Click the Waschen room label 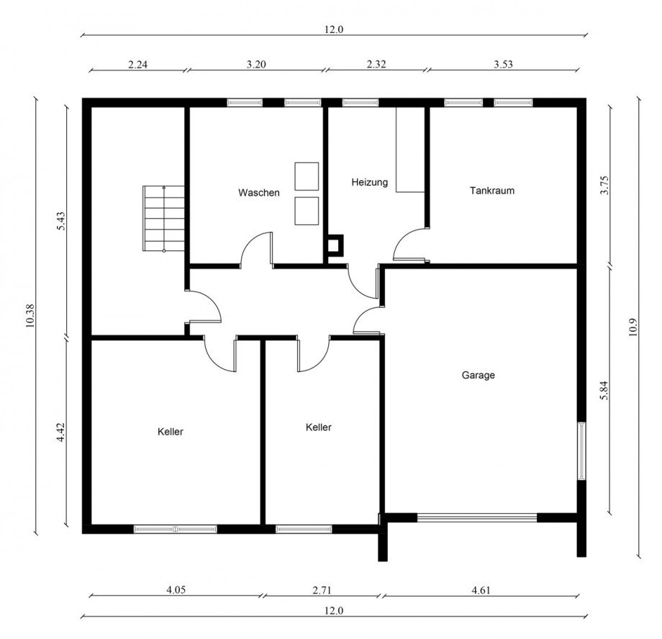[x=259, y=193]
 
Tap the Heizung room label [x=369, y=183]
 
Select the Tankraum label [x=492, y=191]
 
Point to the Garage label [x=479, y=375]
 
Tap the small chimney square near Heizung [x=335, y=245]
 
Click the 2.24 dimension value [x=137, y=65]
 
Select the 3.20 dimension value [x=256, y=64]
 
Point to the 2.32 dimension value [x=376, y=64]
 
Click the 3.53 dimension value [x=503, y=64]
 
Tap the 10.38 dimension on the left [x=30, y=316]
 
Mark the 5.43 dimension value [x=61, y=221]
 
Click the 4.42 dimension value [x=61, y=432]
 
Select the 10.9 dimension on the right [x=632, y=327]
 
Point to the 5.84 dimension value [x=604, y=391]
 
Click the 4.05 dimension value [x=176, y=590]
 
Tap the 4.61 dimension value [x=481, y=590]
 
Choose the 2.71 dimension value [x=322, y=590]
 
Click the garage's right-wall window [x=582, y=450]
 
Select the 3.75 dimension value [x=604, y=185]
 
